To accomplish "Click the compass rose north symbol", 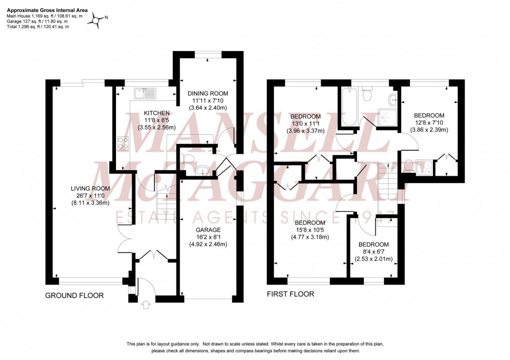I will (x=97, y=20).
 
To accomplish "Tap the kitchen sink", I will (x=144, y=94).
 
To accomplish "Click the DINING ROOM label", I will (x=208, y=94).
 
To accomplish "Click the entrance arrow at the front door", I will (x=144, y=304).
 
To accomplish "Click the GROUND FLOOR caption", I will (x=74, y=295).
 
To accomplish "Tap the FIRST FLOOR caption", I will (x=290, y=294).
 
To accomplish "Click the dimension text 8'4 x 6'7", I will (x=374, y=252).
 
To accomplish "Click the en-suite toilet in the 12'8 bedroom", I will (x=410, y=166).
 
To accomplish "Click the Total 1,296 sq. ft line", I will (x=37, y=27).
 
